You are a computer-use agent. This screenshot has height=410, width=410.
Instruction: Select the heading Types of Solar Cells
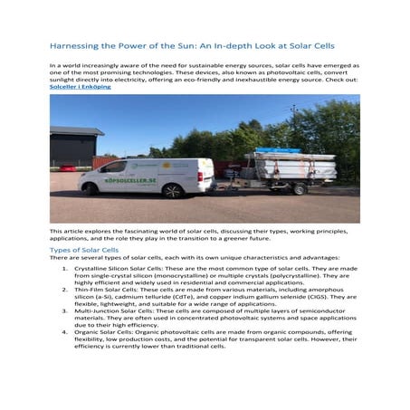tap(82, 248)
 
